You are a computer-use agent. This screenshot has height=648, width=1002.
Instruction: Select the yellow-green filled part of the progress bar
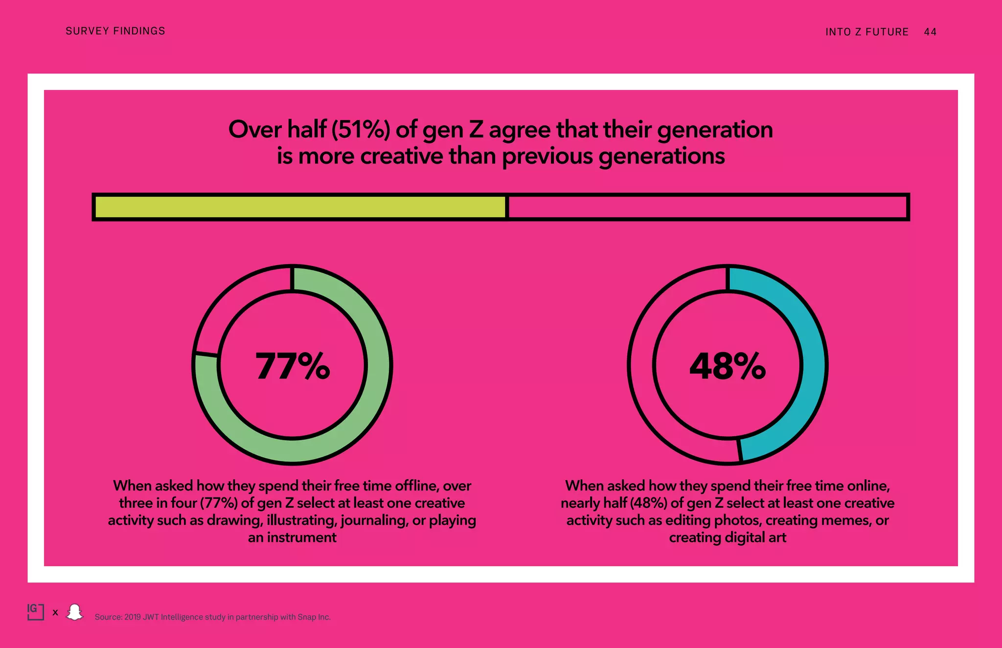pos(299,207)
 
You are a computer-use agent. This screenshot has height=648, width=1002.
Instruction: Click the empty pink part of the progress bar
pos(707,207)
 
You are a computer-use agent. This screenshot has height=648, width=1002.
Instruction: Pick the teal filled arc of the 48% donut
pos(812,364)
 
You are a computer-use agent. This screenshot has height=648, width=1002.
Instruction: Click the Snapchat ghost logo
pos(75,612)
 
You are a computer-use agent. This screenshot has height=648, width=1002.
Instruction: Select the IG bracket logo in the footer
pos(35,611)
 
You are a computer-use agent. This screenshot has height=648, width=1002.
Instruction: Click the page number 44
pos(930,32)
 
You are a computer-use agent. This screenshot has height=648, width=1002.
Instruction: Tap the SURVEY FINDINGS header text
pos(115,31)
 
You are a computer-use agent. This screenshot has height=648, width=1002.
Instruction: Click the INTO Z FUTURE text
pos(866,32)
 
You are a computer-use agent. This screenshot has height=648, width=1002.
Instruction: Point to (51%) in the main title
pos(361,130)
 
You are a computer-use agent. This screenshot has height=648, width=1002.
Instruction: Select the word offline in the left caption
pos(416,486)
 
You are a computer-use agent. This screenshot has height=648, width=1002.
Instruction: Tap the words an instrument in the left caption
pos(292,537)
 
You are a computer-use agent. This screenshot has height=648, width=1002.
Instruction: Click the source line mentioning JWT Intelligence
pos(212,617)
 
